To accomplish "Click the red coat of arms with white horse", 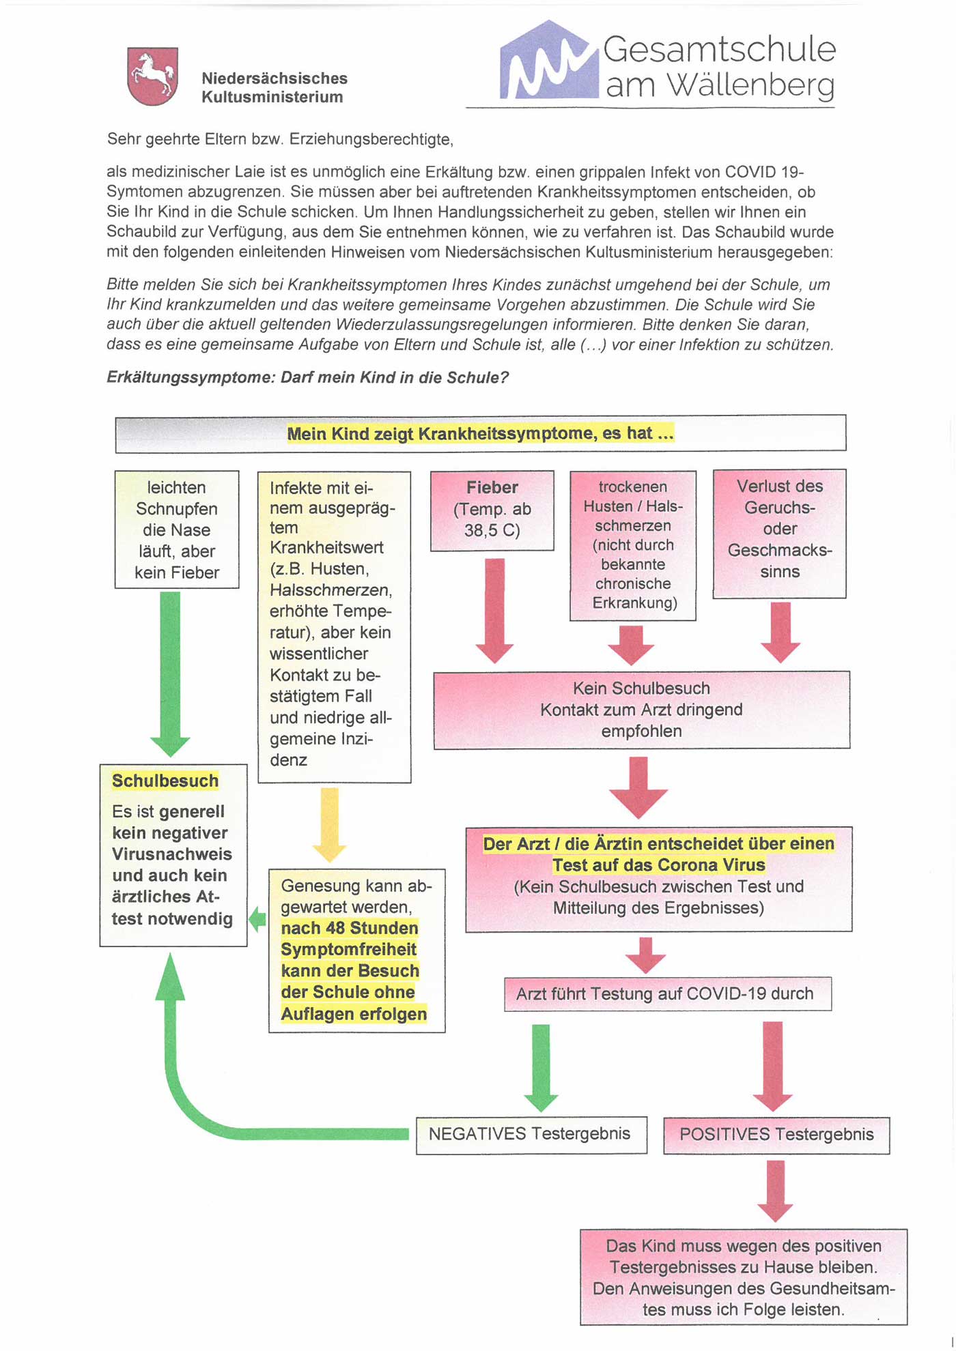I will coord(152,76).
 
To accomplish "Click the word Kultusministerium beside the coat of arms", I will coord(272,97).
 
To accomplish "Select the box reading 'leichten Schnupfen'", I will coord(177,529).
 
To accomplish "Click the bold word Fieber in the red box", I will coord(492,488).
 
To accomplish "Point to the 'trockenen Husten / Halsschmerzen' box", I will coord(633,545).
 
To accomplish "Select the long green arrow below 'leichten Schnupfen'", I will coord(170,672).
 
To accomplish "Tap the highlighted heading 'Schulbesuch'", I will coord(165,781).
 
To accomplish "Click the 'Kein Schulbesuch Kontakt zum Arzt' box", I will coord(641,710).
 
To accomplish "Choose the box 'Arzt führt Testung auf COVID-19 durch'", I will coord(667,993).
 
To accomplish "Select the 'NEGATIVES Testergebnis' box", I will coord(531,1134).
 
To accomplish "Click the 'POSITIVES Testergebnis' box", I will coord(776,1135).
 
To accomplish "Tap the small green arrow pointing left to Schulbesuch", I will coord(257,919).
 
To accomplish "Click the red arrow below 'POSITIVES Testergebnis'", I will coord(775,1190).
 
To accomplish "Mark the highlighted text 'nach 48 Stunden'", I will coord(350,928).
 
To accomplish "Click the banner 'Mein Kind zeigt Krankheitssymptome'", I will coord(480,433).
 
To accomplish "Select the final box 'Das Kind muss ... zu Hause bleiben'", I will coord(744,1277).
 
